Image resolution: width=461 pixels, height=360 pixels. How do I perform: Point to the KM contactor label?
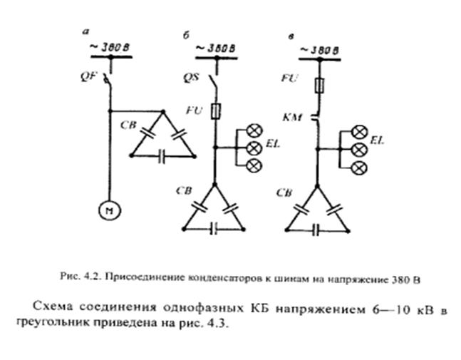[293, 116]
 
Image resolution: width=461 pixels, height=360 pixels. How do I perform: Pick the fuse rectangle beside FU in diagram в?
[320, 85]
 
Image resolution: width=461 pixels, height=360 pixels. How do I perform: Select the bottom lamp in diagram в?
[361, 167]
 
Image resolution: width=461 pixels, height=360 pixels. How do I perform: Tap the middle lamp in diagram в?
[361, 149]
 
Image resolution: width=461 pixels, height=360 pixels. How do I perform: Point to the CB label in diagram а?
[128, 127]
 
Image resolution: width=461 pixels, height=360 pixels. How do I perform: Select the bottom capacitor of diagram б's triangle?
[213, 229]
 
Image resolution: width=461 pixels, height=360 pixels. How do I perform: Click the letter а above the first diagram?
[86, 32]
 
